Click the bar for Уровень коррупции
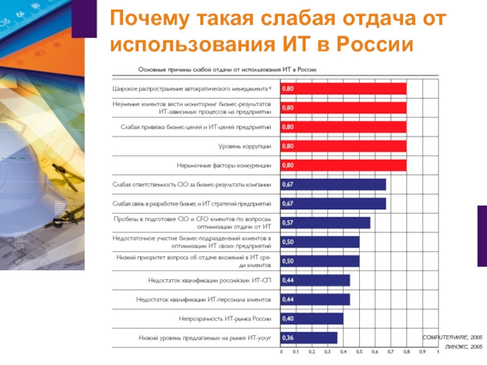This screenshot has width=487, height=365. (343, 146)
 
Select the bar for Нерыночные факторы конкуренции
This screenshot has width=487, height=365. (343, 165)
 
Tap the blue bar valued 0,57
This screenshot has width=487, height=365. (325, 223)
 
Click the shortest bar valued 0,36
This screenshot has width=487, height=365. (309, 337)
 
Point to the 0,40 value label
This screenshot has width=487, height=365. (287, 318)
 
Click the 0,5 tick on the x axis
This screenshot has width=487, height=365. (359, 352)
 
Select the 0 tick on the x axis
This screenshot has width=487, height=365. (281, 352)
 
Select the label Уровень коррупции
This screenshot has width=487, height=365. (244, 146)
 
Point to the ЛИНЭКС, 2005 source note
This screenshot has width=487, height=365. (463, 346)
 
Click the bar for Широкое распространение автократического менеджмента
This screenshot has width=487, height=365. (343, 89)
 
